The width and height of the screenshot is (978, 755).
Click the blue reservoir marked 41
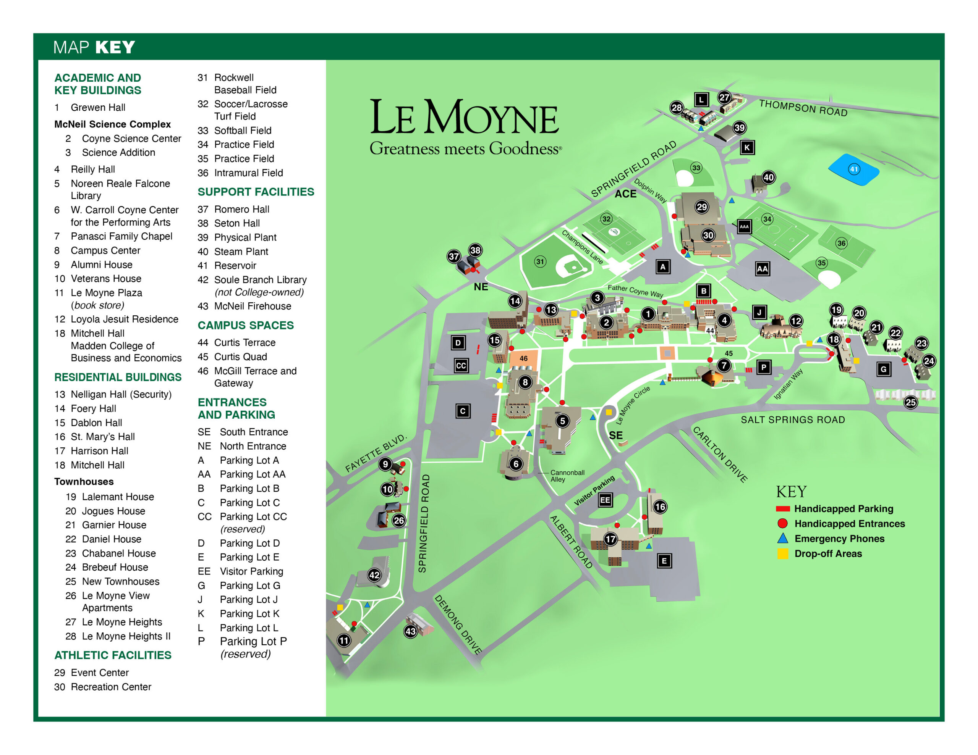pyautogui.click(x=853, y=169)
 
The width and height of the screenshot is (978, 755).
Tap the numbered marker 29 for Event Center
pyautogui.click(x=702, y=207)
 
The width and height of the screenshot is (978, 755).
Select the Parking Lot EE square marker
pyautogui.click(x=605, y=500)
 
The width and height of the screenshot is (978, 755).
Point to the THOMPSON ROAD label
pyautogui.click(x=803, y=108)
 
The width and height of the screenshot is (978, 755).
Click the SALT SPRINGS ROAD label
pyautogui.click(x=793, y=420)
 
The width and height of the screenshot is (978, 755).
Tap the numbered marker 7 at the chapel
pyautogui.click(x=724, y=366)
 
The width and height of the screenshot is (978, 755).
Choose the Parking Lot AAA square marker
pyautogui.click(x=744, y=226)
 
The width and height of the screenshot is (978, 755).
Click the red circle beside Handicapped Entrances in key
pyautogui.click(x=782, y=523)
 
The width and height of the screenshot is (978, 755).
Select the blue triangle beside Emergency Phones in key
pyautogui.click(x=782, y=539)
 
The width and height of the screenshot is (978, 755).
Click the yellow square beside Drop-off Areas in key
pyautogui.click(x=782, y=553)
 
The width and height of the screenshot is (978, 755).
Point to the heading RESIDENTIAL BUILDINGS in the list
pyautogui.click(x=118, y=377)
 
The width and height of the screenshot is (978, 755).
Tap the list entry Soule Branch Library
pyautogui.click(x=260, y=280)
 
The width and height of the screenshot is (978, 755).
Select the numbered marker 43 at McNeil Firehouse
pyautogui.click(x=410, y=631)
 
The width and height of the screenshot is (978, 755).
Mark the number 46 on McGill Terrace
pyautogui.click(x=523, y=358)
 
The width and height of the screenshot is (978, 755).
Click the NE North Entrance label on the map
pyautogui.click(x=481, y=287)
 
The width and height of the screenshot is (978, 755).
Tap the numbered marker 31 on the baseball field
pyautogui.click(x=540, y=261)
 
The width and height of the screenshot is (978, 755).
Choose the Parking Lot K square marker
pyautogui.click(x=746, y=147)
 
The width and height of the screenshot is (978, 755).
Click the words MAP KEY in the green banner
pyautogui.click(x=94, y=47)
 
